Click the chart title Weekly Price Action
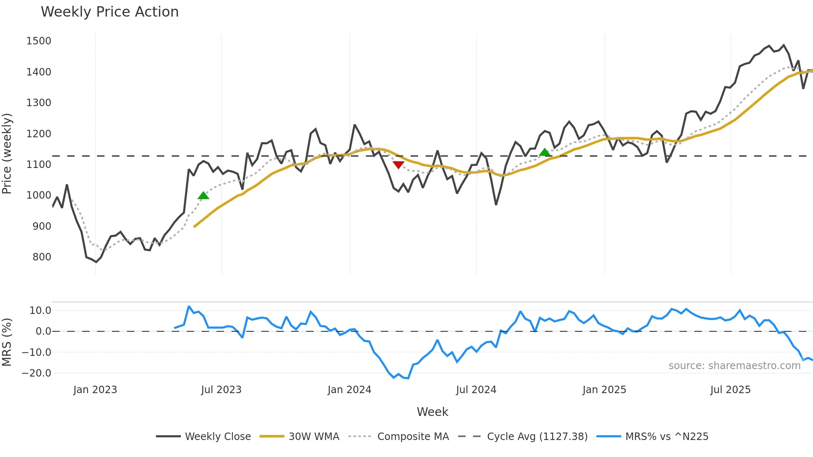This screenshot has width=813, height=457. [x=110, y=12]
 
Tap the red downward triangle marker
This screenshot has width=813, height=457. [x=398, y=165]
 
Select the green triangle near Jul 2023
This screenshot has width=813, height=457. [x=203, y=196]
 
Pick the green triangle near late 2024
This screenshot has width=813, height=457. [x=545, y=152]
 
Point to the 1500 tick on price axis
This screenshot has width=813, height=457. [x=39, y=41]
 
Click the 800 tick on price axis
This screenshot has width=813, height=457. [x=42, y=257]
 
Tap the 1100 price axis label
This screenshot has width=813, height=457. [x=39, y=165]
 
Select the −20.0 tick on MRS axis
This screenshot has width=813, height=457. [x=37, y=373]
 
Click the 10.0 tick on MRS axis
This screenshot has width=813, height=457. [x=40, y=311]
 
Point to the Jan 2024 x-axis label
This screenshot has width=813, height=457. [x=349, y=390]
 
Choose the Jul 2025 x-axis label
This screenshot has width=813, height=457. [x=730, y=390]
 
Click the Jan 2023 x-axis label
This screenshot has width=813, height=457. [x=95, y=390]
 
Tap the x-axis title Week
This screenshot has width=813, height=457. [x=432, y=412]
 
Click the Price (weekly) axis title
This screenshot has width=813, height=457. [x=7, y=153]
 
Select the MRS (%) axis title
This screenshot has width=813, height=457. [x=7, y=342]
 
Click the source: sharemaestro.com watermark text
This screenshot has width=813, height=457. [x=734, y=366]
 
